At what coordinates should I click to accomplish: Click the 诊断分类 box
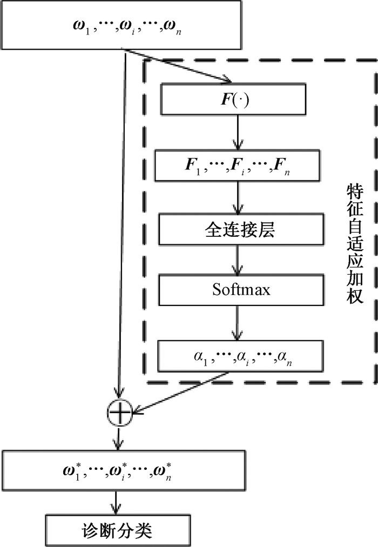118,531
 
